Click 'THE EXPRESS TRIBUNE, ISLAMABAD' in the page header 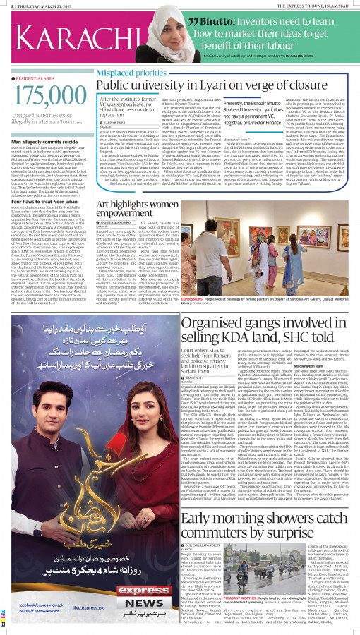tap(316, 6)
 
